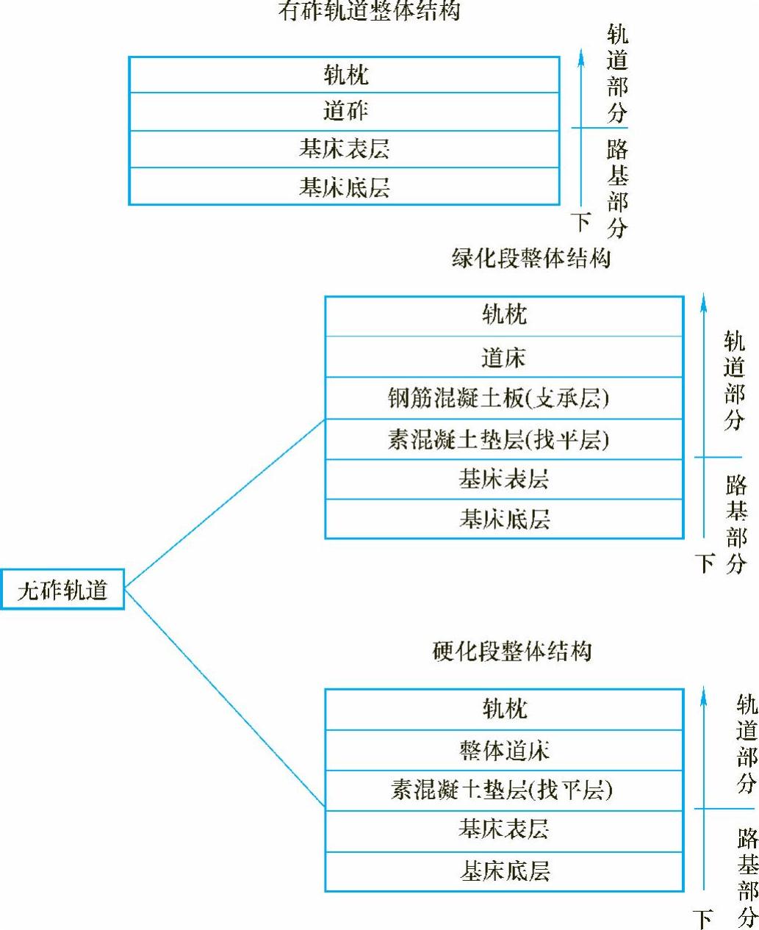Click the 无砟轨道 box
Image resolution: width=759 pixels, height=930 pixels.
point(62,589)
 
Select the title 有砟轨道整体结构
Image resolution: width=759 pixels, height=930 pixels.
point(369,11)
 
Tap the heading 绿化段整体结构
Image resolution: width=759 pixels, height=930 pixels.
point(530,259)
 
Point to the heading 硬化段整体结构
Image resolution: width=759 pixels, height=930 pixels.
point(512,651)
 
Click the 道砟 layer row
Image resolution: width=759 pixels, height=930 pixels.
point(345,112)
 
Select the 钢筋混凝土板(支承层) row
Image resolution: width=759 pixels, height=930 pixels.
point(504,398)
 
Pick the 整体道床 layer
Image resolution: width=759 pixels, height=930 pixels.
point(504,750)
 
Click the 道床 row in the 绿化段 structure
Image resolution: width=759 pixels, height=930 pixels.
point(504,358)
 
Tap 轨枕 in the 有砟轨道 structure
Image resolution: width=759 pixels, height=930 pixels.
point(345,75)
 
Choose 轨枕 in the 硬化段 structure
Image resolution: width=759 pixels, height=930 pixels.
point(504,709)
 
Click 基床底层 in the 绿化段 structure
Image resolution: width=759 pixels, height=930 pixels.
point(504,519)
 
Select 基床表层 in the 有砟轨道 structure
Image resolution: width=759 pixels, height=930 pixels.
point(345,149)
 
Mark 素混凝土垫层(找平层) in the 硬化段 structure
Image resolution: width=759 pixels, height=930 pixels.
point(504,790)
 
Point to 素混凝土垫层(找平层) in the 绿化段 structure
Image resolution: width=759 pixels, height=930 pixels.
point(504,439)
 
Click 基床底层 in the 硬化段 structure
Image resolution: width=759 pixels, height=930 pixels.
point(504,871)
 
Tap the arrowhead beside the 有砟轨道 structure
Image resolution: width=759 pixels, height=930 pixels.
point(581,57)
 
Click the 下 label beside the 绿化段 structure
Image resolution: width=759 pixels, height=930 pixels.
point(705,563)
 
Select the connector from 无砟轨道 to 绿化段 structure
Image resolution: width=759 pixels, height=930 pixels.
point(224,504)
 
